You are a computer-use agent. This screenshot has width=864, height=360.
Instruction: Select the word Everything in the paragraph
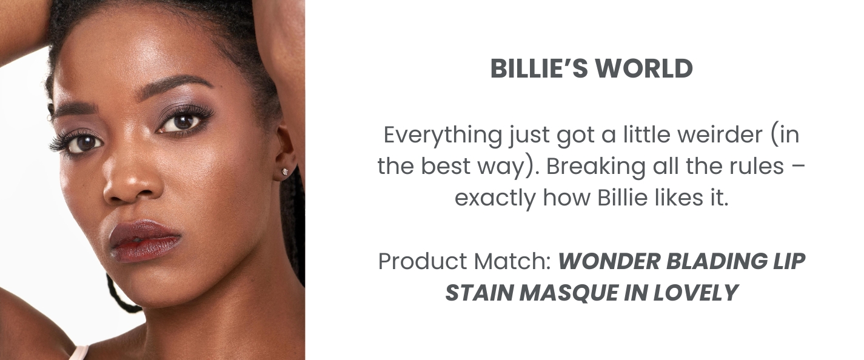pyautogui.click(x=443, y=135)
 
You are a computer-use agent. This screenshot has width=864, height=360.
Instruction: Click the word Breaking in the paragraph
pyautogui.click(x=595, y=167)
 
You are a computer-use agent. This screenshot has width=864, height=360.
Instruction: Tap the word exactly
pyautogui.click(x=495, y=199)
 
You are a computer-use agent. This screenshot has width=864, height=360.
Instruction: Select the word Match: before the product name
pyautogui.click(x=512, y=261)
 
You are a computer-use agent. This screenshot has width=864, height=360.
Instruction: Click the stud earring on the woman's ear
pyautogui.click(x=286, y=171)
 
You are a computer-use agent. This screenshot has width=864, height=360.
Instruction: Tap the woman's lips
pyautogui.click(x=145, y=241)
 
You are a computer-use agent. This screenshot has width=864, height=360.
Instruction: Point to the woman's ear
pyautogui.click(x=286, y=152)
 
